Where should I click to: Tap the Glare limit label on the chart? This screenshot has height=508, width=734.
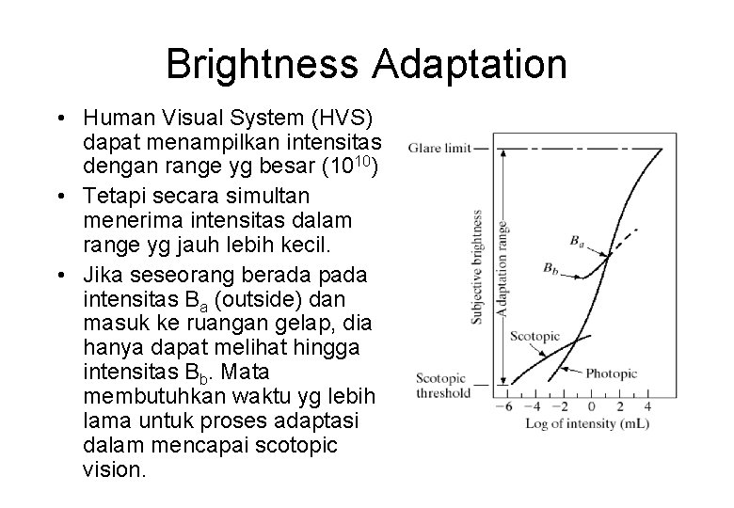pos(439,149)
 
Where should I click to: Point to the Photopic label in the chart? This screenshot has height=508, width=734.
pos(613,373)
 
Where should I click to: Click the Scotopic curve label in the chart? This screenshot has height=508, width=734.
pos(535,336)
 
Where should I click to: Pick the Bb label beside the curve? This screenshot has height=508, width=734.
pos(553,269)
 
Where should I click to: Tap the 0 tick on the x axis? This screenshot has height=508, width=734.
pos(591,406)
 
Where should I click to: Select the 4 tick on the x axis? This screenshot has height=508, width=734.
pos(648,406)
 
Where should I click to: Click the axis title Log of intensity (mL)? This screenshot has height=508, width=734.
pos(580,423)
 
